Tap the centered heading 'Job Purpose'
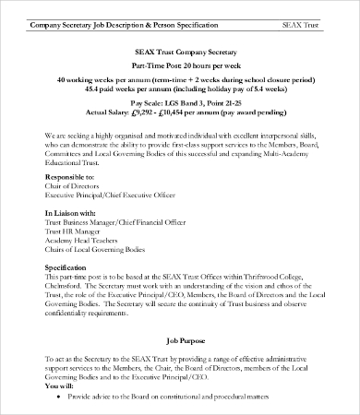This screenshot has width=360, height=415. (x=180, y=340)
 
